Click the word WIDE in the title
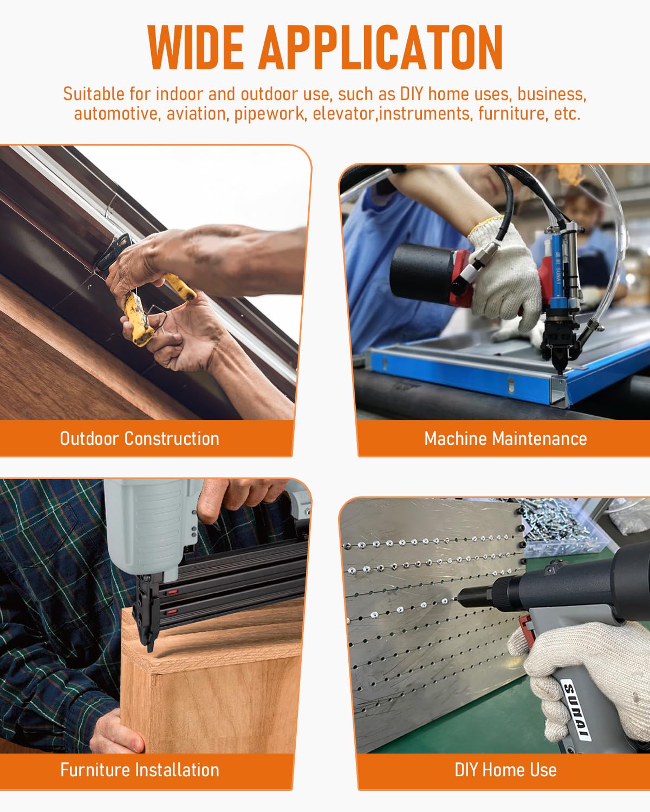(196, 48)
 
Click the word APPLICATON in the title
(380, 48)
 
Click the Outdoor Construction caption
(139, 439)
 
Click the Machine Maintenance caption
(505, 439)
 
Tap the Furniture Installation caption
(140, 770)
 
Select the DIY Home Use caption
(505, 770)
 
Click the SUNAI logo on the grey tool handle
(576, 708)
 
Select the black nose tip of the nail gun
(151, 645)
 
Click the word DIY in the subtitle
(412, 94)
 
